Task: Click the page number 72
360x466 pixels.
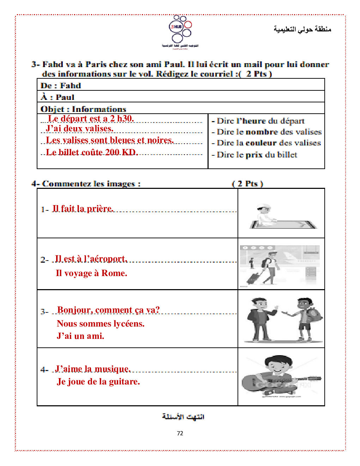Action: pyautogui.click(x=180, y=433)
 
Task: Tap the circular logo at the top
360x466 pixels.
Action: pyautogui.click(x=180, y=30)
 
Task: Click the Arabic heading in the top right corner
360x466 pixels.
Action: pyautogui.click(x=302, y=29)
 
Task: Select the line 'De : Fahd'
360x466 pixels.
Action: pyautogui.click(x=61, y=85)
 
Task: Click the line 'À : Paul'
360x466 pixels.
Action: pyautogui.click(x=58, y=97)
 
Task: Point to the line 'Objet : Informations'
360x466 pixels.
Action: pyautogui.click(x=83, y=109)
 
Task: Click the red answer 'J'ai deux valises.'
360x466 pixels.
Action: pyautogui.click(x=80, y=129)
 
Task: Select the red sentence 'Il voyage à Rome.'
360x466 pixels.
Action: pyautogui.click(x=91, y=273)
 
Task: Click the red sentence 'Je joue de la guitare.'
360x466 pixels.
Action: pyautogui.click(x=98, y=382)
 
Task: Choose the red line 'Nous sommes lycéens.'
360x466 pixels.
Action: pyautogui.click(x=101, y=324)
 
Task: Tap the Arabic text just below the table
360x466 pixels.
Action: pyautogui.click(x=183, y=417)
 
